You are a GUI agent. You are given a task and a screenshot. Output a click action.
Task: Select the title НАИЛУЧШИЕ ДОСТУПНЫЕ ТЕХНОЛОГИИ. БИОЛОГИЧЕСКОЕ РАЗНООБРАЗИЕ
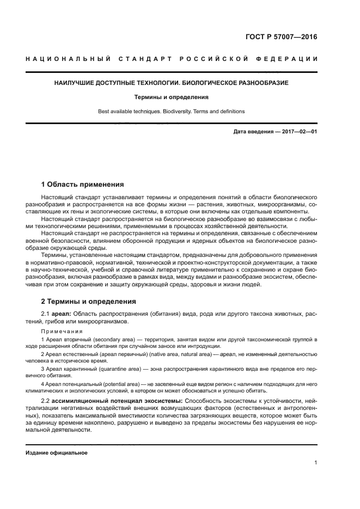click(172, 83)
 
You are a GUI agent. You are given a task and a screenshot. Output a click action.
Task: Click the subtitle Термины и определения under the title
click(172, 97)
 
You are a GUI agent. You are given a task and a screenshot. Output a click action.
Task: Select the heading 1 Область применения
click(82, 185)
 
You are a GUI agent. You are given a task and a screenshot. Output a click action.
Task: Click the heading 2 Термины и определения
click(89, 301)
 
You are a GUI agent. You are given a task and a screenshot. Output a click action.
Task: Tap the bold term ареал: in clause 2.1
click(60, 314)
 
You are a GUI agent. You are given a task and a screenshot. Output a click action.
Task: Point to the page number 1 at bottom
click(315, 463)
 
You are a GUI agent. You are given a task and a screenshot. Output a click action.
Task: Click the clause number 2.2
click(46, 401)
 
